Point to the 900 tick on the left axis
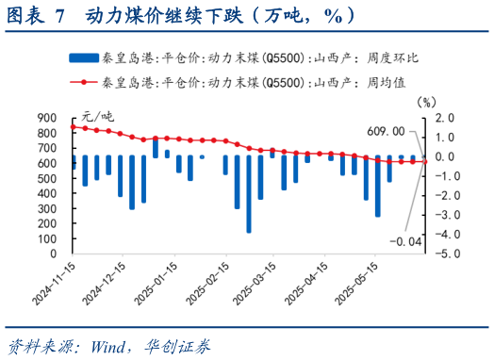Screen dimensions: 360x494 (46, 118)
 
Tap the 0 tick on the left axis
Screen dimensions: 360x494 (55, 253)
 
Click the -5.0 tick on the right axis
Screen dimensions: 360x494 (445, 253)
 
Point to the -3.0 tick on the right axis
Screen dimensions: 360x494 (445, 214)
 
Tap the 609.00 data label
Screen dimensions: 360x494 (385, 131)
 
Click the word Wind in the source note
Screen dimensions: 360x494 (110, 343)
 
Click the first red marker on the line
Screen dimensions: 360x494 (74, 127)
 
